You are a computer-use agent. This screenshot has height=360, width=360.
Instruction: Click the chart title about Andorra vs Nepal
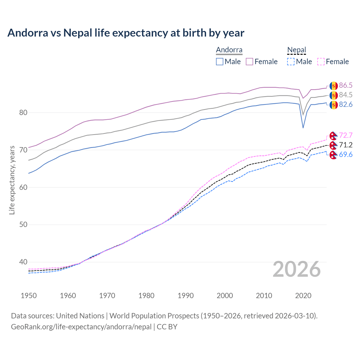pos(126,33)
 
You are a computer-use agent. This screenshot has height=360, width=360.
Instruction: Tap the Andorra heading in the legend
pos(229,50)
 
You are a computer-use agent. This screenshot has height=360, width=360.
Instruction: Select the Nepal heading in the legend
pos(296,50)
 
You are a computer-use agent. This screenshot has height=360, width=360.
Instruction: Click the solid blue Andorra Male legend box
pos(220,62)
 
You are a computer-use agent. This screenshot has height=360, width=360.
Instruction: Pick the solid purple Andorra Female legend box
pos(249,62)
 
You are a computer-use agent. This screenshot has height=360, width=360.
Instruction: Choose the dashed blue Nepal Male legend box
pos(291,62)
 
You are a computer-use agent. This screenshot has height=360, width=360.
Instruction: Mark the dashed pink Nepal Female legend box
pos(321,62)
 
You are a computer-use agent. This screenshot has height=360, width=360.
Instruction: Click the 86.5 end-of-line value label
pos(346,85)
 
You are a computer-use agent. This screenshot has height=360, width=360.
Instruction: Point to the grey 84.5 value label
pos(346,95)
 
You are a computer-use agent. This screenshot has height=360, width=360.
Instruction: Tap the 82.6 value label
pos(346,105)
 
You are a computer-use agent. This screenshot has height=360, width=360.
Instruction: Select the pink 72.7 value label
pos(346,135)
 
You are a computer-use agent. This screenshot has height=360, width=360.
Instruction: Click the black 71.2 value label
pos(346,145)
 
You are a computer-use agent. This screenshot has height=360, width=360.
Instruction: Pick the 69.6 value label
pos(346,154)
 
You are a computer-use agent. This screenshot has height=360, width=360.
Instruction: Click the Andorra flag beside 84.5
pos(334,95)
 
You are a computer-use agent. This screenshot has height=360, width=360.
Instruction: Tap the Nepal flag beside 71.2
pos(334,145)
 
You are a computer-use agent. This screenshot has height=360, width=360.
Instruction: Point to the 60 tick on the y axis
pos(23,187)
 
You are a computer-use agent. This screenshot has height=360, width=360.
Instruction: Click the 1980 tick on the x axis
pos(146,296)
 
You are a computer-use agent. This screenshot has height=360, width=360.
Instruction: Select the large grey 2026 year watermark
pos(297,269)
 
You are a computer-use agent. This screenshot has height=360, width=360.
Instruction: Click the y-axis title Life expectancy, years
pos(12,180)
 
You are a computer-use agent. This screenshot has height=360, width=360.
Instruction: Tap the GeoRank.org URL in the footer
pos(81,327)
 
